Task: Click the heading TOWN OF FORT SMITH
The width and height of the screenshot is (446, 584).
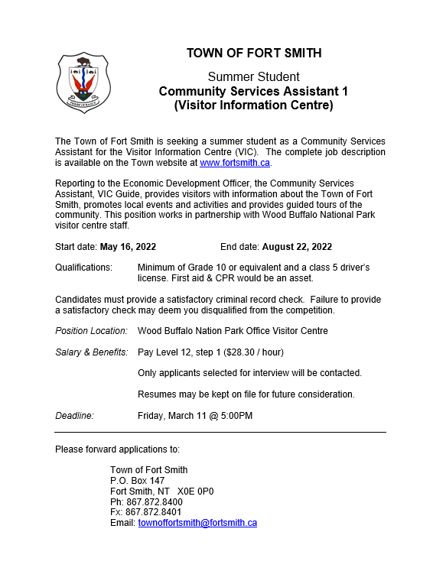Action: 254,53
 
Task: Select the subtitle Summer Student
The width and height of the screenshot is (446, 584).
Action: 254,76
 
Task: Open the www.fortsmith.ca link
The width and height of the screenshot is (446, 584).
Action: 235,163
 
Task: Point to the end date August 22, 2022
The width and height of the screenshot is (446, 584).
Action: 297,247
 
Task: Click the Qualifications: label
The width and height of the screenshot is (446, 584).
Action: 83,268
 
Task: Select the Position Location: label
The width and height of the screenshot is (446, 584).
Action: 91,331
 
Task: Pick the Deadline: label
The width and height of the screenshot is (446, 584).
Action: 74,416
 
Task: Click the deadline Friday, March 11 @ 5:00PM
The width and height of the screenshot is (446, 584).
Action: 195,416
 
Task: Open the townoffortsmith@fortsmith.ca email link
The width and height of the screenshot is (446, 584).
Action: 197,523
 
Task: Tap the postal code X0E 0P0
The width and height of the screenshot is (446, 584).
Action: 196,492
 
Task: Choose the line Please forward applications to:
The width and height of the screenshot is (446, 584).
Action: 118,449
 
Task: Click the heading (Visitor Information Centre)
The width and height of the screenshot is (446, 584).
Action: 254,105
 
